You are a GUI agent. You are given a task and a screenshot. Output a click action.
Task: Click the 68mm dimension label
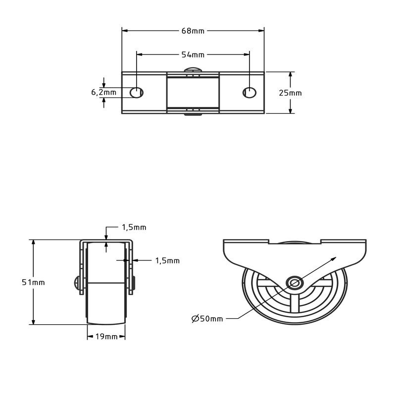(x=193, y=31)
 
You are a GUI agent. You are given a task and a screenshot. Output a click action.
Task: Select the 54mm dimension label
(x=193, y=54)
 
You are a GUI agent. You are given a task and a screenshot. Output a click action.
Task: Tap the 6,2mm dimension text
(x=103, y=92)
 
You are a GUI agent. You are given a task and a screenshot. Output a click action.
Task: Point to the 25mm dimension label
(x=290, y=93)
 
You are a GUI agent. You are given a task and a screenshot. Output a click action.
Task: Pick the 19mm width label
(x=106, y=337)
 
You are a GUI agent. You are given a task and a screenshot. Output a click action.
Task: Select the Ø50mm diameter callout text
(x=207, y=318)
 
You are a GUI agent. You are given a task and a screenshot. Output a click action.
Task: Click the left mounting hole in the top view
(x=136, y=92)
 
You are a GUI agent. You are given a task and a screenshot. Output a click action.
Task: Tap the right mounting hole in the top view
(x=249, y=92)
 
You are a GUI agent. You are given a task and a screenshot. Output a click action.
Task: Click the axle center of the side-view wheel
(x=295, y=283)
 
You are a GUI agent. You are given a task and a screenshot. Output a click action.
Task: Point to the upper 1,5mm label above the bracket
(x=134, y=227)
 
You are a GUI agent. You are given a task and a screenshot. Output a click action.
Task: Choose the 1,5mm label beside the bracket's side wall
(x=167, y=260)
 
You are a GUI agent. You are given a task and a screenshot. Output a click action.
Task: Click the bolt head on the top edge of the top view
(x=193, y=70)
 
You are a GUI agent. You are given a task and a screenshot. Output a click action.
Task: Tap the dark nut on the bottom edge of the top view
(x=193, y=115)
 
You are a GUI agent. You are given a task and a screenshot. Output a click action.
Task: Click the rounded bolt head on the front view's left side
(x=77, y=283)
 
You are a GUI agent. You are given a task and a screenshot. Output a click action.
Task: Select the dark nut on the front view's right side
(x=135, y=283)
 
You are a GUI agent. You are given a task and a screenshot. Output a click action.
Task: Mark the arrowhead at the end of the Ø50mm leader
(x=335, y=258)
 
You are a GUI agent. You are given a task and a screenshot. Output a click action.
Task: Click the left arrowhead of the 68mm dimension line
(x=124, y=31)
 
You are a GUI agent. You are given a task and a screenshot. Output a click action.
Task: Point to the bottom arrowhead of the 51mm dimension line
(x=33, y=322)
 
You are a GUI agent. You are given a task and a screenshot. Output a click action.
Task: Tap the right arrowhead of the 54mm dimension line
(x=247, y=54)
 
